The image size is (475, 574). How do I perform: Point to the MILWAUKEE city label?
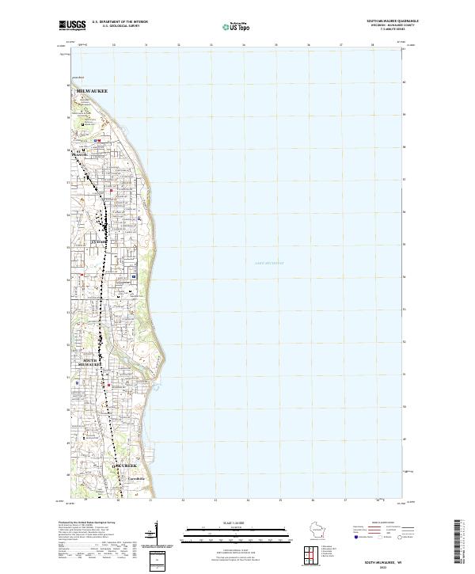[x=91, y=92]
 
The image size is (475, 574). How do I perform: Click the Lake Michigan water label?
[x=268, y=262]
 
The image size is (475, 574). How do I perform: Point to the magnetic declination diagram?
[x=154, y=538]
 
